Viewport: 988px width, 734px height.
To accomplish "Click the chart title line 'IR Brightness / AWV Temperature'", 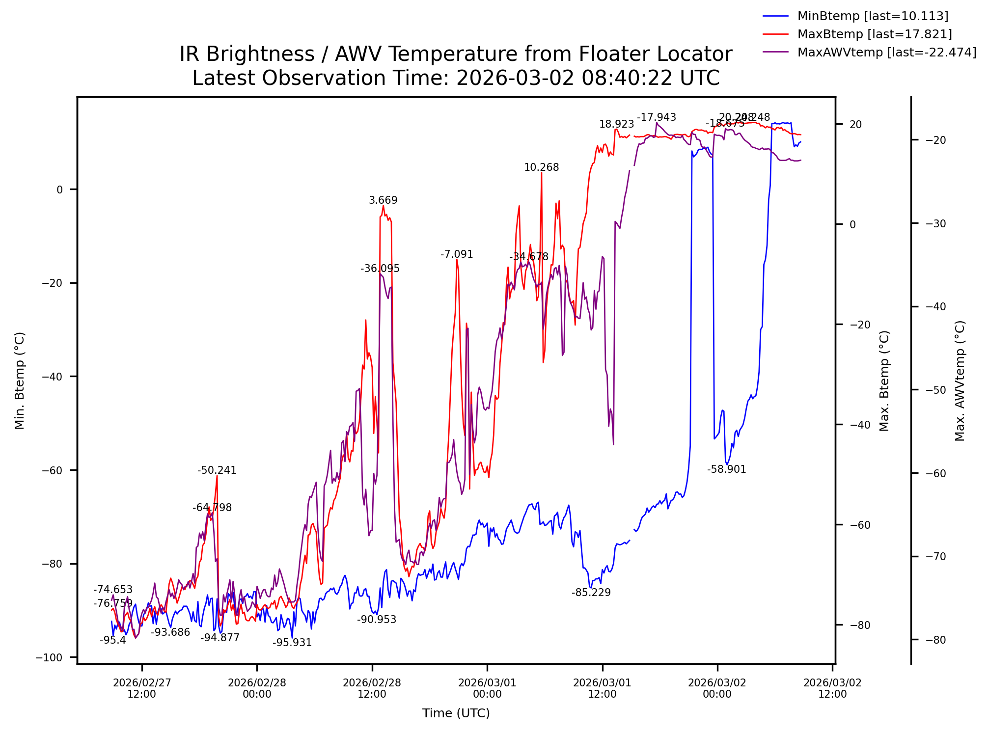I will pyautogui.click(x=455, y=54).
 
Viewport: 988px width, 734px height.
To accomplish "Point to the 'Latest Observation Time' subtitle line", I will pyautogui.click(x=455, y=78).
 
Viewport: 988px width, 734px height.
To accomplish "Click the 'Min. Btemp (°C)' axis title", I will pyautogui.click(x=20, y=381).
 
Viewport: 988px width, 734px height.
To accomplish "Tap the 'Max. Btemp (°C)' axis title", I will pyautogui.click(x=884, y=381).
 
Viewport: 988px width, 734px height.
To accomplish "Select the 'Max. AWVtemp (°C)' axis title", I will pyautogui.click(x=960, y=381).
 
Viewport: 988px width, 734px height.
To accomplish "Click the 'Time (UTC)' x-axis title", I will pyautogui.click(x=456, y=713).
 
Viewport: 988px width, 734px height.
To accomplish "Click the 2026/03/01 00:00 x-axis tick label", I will pyautogui.click(x=487, y=688).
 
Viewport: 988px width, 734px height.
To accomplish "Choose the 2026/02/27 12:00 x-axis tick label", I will pyautogui.click(x=142, y=688).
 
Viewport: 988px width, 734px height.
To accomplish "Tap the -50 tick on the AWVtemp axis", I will pyautogui.click(x=935, y=390).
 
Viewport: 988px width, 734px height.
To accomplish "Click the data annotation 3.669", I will pyautogui.click(x=383, y=200).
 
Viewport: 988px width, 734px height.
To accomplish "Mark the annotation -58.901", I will pyautogui.click(x=726, y=469).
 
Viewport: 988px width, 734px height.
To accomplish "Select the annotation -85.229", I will pyautogui.click(x=591, y=593).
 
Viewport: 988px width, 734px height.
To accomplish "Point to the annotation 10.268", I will pyautogui.click(x=541, y=167).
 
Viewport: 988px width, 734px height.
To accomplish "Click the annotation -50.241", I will pyautogui.click(x=217, y=470).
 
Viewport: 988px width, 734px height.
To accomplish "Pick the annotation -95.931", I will pyautogui.click(x=292, y=643).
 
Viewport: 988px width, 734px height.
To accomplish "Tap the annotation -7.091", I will pyautogui.click(x=457, y=254).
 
